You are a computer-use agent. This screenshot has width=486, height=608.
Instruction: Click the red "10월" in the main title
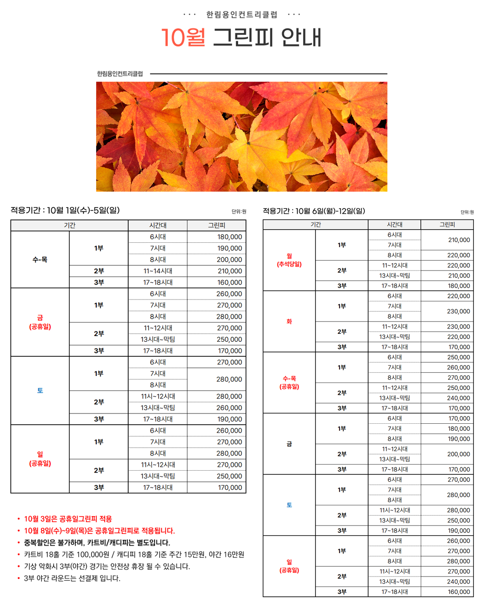(x=183, y=38)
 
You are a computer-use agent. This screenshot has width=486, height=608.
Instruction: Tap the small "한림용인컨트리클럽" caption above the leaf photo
(x=120, y=74)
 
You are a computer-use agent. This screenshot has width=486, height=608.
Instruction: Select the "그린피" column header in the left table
(x=216, y=225)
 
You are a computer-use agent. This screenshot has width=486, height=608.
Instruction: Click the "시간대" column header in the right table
(x=394, y=225)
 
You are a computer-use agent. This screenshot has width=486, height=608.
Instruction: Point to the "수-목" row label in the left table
(x=40, y=260)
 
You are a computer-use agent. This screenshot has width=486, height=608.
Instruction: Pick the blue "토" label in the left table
(x=40, y=390)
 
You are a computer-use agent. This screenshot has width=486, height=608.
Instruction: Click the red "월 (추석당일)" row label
(x=289, y=260)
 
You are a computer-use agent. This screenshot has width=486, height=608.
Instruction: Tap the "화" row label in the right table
(x=289, y=322)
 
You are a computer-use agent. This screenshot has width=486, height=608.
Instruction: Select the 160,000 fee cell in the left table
(x=230, y=283)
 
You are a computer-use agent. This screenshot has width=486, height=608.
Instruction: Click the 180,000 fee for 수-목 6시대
(x=230, y=237)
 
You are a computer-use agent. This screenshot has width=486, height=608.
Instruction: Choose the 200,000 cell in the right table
(x=458, y=454)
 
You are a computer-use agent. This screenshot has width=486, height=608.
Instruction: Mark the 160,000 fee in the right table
(x=458, y=592)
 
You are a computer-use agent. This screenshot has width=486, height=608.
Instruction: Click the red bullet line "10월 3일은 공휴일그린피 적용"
(x=68, y=519)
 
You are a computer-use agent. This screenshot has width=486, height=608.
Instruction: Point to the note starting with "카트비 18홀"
(x=134, y=555)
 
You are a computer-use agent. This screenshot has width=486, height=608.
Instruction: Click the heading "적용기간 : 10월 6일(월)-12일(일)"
(x=314, y=211)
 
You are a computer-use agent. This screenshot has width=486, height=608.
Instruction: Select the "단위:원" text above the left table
(x=239, y=212)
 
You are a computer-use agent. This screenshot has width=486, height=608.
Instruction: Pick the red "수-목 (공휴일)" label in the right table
(x=289, y=383)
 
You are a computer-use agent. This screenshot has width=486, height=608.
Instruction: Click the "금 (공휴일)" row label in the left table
(x=40, y=322)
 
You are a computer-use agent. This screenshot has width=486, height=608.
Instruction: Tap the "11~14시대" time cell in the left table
(x=158, y=271)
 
